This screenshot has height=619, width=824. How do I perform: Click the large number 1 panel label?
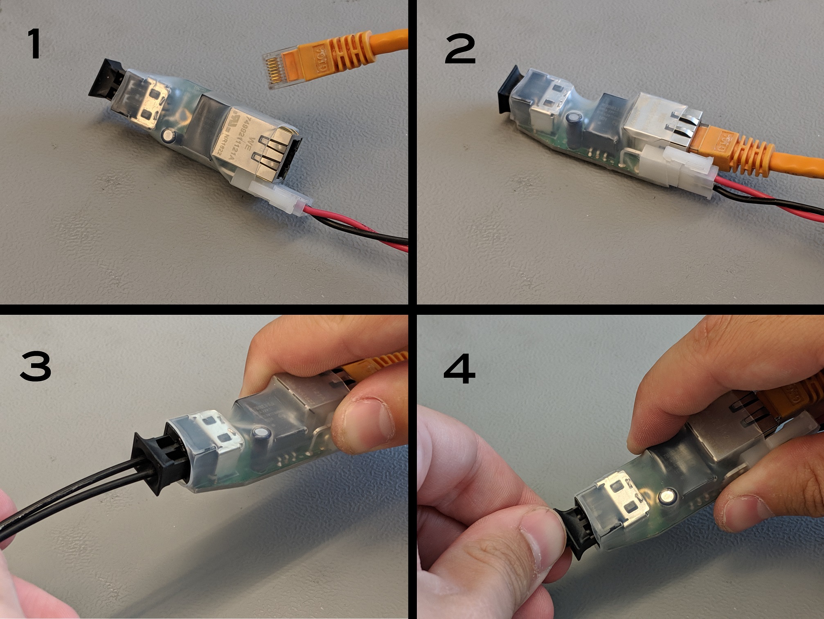click(34, 45)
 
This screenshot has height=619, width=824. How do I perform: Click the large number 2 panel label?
click(460, 49)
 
